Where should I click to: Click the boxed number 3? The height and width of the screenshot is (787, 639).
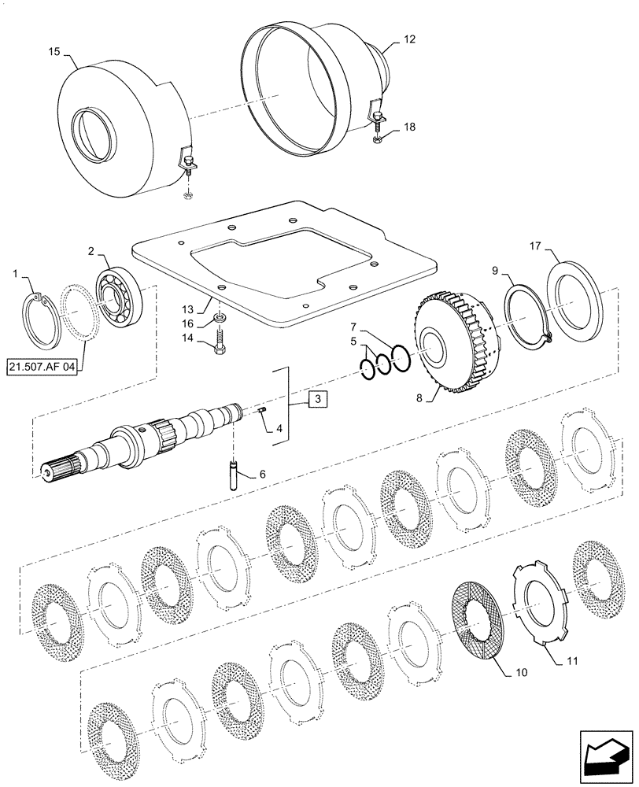[316, 401]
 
